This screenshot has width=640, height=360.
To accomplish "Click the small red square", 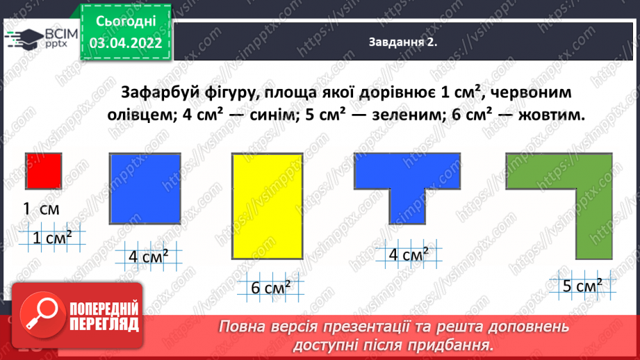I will click(x=44, y=171).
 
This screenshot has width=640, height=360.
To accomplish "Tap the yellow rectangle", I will click(x=268, y=206).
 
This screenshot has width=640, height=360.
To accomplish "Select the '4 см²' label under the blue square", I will click(x=148, y=257).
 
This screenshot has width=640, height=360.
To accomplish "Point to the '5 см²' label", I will click(x=581, y=285).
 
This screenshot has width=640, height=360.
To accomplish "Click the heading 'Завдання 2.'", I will click(x=402, y=42).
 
